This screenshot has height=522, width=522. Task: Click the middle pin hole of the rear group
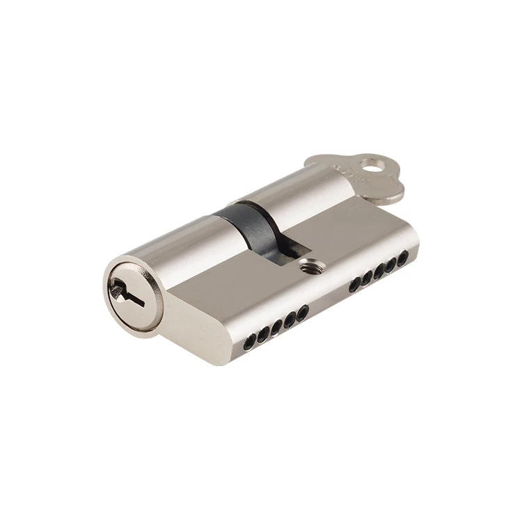380,273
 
